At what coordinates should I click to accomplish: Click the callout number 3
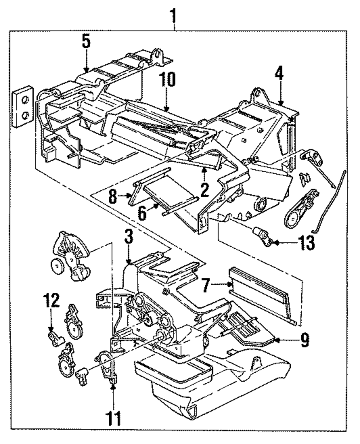tap(129, 238)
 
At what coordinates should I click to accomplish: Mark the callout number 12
tap(51, 300)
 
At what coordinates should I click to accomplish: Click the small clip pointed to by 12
tap(55, 337)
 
